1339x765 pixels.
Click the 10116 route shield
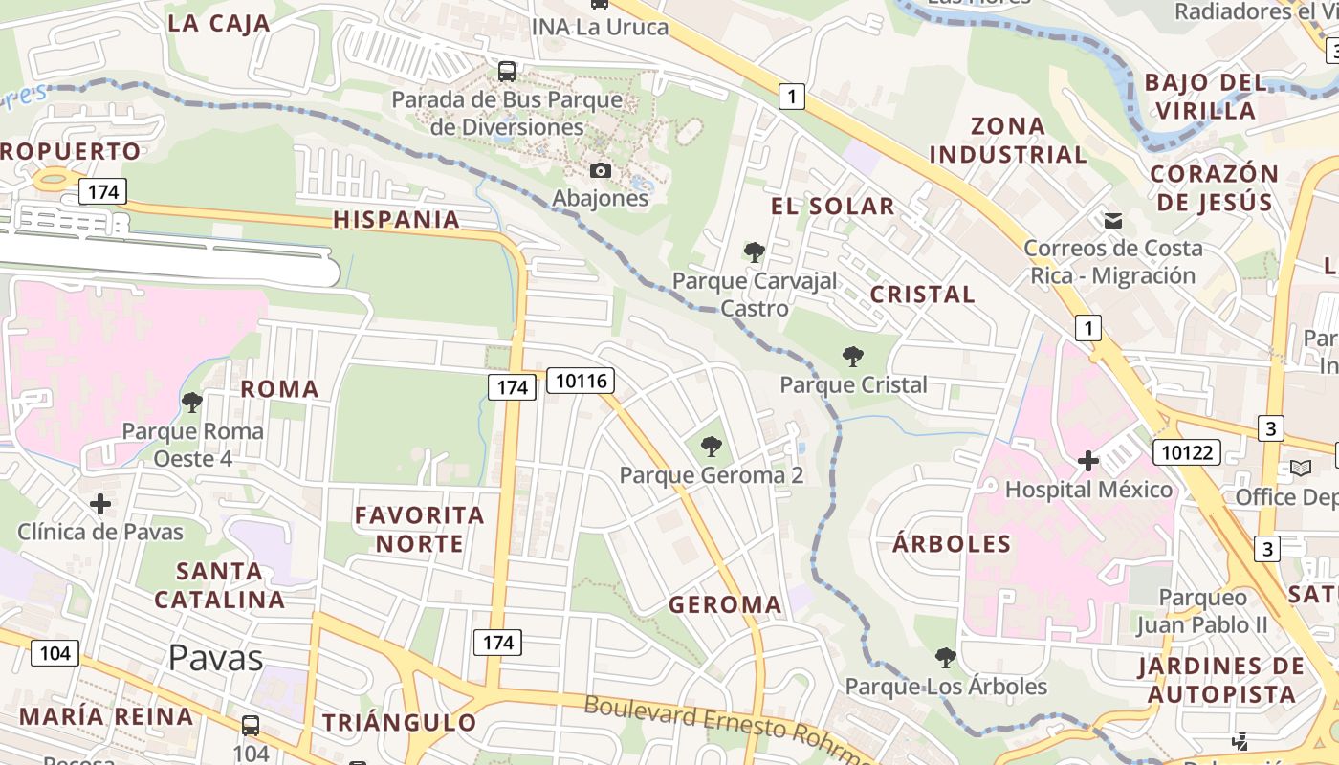pos(581,382)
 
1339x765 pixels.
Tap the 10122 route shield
pos(1188,452)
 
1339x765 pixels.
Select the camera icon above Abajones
pos(601,170)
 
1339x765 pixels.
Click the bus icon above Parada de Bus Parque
pos(507,71)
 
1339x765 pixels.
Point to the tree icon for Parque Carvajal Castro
pos(755,252)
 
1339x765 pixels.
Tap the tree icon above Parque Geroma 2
pos(711,446)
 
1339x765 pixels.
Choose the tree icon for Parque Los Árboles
pos(946,657)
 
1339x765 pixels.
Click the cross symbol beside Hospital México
pos(1087,462)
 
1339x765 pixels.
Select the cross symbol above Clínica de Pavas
pos(100,503)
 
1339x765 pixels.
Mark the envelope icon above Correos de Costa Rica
pos(1113,221)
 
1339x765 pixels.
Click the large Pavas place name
pos(215,658)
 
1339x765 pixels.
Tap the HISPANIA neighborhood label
pos(397,219)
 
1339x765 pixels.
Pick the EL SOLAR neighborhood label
pos(833,206)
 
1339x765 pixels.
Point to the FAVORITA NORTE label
pos(420,529)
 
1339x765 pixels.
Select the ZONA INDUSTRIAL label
pos(1008,140)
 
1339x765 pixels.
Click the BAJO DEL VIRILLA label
pos(1205,96)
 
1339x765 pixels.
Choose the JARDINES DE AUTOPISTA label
pos(1221,680)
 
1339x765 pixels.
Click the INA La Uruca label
pos(600,27)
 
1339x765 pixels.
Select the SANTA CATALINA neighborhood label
pos(220,585)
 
